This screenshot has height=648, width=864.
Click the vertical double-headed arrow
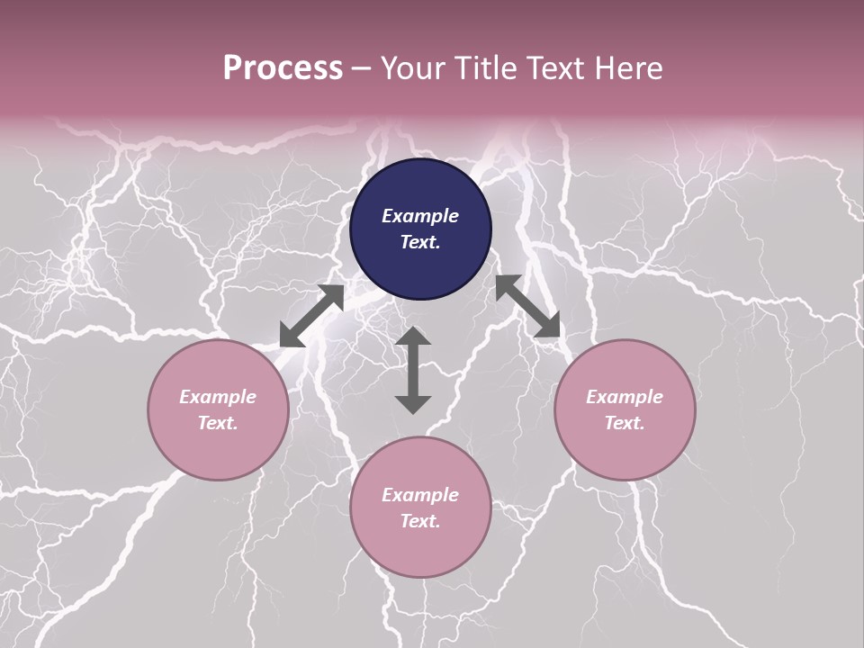tap(413, 370)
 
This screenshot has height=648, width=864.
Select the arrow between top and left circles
tap(311, 315)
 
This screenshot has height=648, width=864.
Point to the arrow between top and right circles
tap(528, 306)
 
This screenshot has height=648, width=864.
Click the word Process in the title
tap(283, 67)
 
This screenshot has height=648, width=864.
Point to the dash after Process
tap(362, 68)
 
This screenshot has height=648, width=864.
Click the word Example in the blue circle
tap(420, 216)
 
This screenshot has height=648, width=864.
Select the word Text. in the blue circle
tap(420, 242)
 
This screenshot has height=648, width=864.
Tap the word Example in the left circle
tap(218, 397)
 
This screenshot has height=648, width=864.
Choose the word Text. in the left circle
tap(218, 423)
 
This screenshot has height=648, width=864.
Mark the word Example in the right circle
tap(625, 397)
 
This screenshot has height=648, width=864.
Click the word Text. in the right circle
tap(625, 423)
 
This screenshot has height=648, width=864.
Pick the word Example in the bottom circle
tap(420, 495)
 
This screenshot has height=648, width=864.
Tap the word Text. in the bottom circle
tap(420, 521)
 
